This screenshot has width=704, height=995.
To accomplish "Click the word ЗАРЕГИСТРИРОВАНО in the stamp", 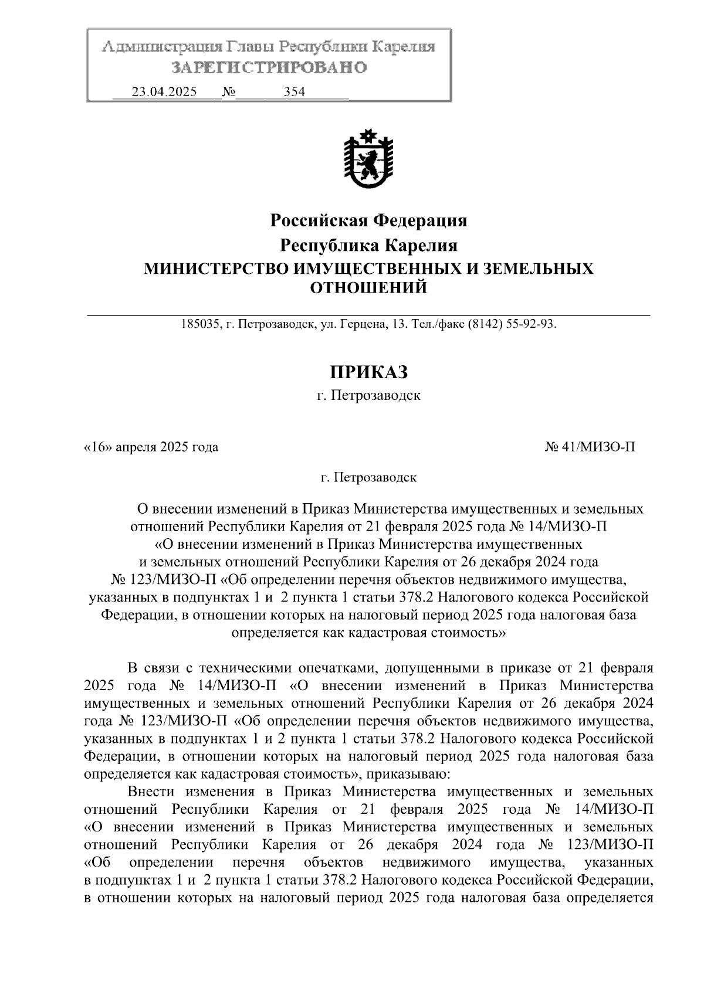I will click(269, 68).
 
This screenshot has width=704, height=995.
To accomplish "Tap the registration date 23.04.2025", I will click(164, 92).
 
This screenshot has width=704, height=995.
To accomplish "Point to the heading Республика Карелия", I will click(368, 244).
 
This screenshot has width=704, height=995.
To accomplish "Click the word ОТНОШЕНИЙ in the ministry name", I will click(368, 287).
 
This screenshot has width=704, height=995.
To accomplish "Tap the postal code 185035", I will click(201, 324).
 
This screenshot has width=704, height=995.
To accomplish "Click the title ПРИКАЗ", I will click(368, 372).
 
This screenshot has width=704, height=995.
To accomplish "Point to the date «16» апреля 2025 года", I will click(151, 447).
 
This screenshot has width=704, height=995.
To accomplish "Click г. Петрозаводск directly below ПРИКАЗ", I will click(368, 395).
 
